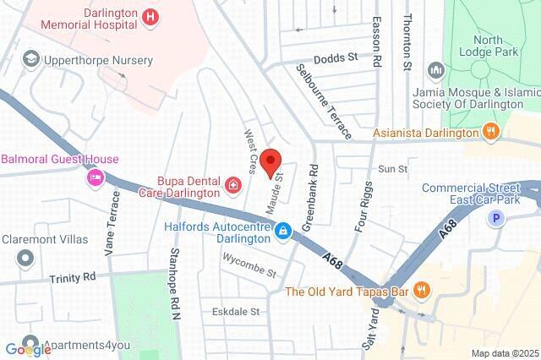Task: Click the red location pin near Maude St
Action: [x=270, y=161]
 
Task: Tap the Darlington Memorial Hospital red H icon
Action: [x=150, y=15]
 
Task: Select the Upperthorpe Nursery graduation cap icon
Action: [x=31, y=59]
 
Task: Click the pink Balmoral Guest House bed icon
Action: [x=95, y=177]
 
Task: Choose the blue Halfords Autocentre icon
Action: [x=285, y=230]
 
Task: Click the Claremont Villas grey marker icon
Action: [x=27, y=257]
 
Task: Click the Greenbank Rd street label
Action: [x=311, y=187]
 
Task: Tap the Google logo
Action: [x=28, y=349]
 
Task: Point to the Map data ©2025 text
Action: [x=503, y=352]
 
